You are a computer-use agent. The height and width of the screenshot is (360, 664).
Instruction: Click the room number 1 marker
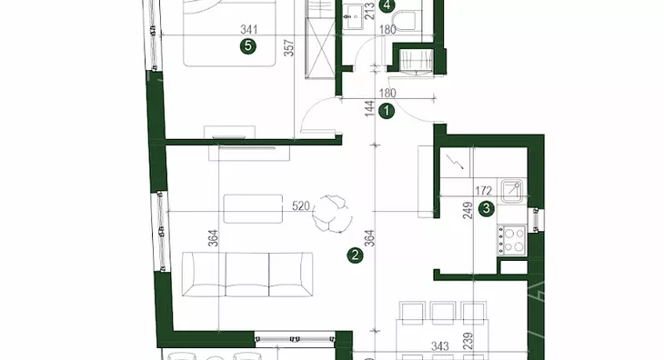[x=387, y=111]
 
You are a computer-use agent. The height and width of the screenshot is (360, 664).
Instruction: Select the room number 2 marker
[x=355, y=255]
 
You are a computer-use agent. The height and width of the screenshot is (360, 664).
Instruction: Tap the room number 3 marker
[x=487, y=208]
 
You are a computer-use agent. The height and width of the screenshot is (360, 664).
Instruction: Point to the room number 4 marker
[x=387, y=5]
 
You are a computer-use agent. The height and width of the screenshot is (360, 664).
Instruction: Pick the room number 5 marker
[x=247, y=45]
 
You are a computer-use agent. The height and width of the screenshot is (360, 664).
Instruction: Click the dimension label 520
[x=301, y=206]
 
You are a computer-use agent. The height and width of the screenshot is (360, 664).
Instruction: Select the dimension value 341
[x=249, y=30]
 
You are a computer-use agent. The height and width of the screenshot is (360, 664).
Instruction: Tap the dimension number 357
[x=288, y=49]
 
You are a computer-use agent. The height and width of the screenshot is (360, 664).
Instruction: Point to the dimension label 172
[x=483, y=191]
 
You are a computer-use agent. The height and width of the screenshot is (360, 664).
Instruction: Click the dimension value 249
[x=468, y=210]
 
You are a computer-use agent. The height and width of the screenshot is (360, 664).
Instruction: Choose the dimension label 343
[x=440, y=346]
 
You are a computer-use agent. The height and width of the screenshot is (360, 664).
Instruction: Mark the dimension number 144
[x=369, y=109]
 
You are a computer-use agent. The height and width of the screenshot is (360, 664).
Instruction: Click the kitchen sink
[x=511, y=190]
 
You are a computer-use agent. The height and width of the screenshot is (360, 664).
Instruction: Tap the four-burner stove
[x=511, y=240]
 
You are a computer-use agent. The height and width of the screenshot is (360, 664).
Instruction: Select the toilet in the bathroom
[x=404, y=21]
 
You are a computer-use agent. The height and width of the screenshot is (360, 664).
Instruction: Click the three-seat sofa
[x=247, y=275]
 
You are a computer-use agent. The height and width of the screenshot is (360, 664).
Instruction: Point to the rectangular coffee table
[x=253, y=208]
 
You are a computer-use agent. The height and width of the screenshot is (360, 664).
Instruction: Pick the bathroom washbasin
[x=352, y=16]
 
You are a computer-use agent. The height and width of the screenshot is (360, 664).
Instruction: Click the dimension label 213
[x=369, y=12]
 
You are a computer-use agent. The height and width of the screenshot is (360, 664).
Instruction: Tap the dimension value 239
[x=468, y=341]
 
